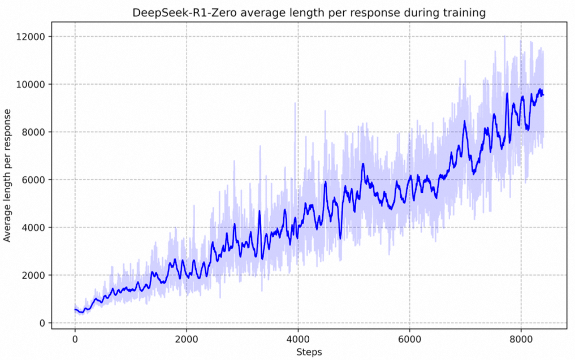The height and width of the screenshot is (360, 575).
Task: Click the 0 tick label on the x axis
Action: (x=75, y=339)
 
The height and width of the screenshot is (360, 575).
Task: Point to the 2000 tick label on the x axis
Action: (x=186, y=339)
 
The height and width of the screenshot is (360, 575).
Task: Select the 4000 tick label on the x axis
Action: (x=297, y=339)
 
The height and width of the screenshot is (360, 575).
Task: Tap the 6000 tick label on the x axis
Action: (x=409, y=339)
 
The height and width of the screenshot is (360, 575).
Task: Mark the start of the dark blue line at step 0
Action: (x=75, y=309)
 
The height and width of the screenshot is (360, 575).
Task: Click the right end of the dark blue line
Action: (x=543, y=95)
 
